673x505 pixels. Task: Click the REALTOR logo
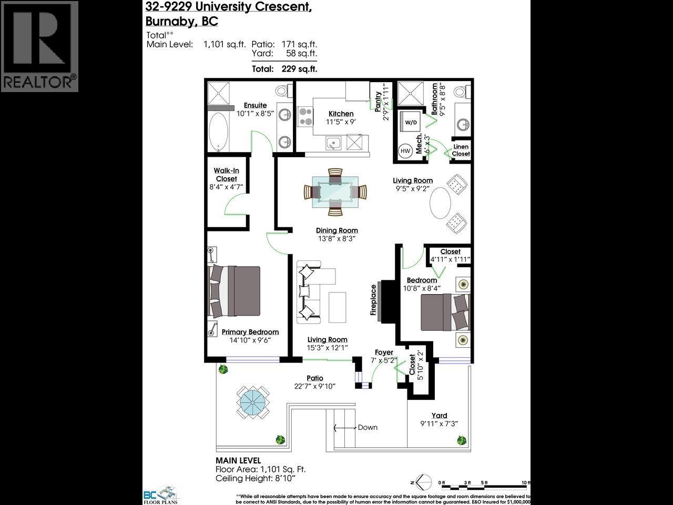(39, 46)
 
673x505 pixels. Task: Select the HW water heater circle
(405, 151)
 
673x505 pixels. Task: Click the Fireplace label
(374, 300)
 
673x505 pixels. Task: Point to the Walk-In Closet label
(226, 175)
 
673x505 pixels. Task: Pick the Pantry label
(378, 102)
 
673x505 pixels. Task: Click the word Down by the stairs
(368, 427)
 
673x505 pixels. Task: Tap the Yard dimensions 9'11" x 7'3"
(440, 424)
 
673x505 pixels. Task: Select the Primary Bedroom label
(250, 332)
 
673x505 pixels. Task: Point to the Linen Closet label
(461, 150)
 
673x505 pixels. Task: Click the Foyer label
(384, 352)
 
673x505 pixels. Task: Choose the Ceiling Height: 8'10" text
(256, 478)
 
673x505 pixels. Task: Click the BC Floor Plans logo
(161, 494)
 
